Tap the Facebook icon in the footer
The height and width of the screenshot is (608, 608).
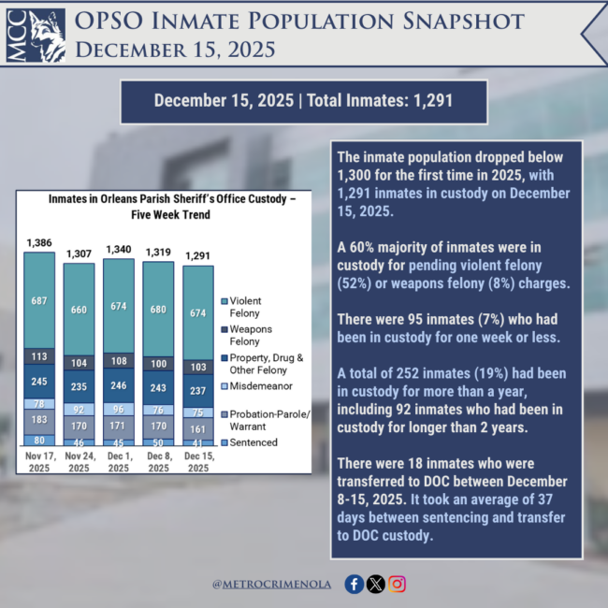[x=354, y=584]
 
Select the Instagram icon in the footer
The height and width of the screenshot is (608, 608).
[x=398, y=584]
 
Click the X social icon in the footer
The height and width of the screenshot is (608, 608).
[x=376, y=584]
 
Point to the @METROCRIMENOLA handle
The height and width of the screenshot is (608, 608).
[x=272, y=585]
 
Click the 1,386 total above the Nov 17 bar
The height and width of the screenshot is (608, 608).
[x=40, y=243]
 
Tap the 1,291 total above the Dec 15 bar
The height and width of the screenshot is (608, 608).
[x=197, y=255]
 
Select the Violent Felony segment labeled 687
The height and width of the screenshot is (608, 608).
[x=40, y=300]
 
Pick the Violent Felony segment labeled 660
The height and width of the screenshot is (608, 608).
[x=80, y=310]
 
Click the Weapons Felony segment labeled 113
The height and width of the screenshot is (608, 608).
[x=40, y=355]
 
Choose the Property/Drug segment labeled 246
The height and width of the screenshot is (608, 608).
[x=119, y=384]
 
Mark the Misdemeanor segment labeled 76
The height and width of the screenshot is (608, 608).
[x=158, y=409]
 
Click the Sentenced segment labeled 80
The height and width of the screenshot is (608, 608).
[x=40, y=441]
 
